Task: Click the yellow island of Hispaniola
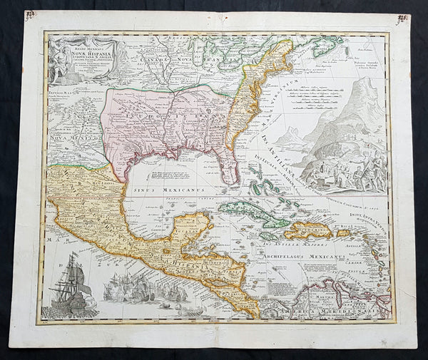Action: (x=310, y=230)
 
